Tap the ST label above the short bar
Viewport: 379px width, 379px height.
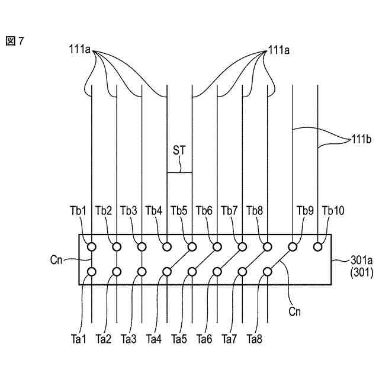(179, 150)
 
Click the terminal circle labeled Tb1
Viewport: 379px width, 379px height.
(91, 246)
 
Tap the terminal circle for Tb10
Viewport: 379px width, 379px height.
(319, 246)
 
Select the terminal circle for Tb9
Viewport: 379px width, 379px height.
(293, 246)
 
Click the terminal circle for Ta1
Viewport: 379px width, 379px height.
(91, 272)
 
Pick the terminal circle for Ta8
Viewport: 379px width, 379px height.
(268, 272)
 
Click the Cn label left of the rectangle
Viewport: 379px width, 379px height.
(57, 258)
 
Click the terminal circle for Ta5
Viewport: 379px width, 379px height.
(192, 272)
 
